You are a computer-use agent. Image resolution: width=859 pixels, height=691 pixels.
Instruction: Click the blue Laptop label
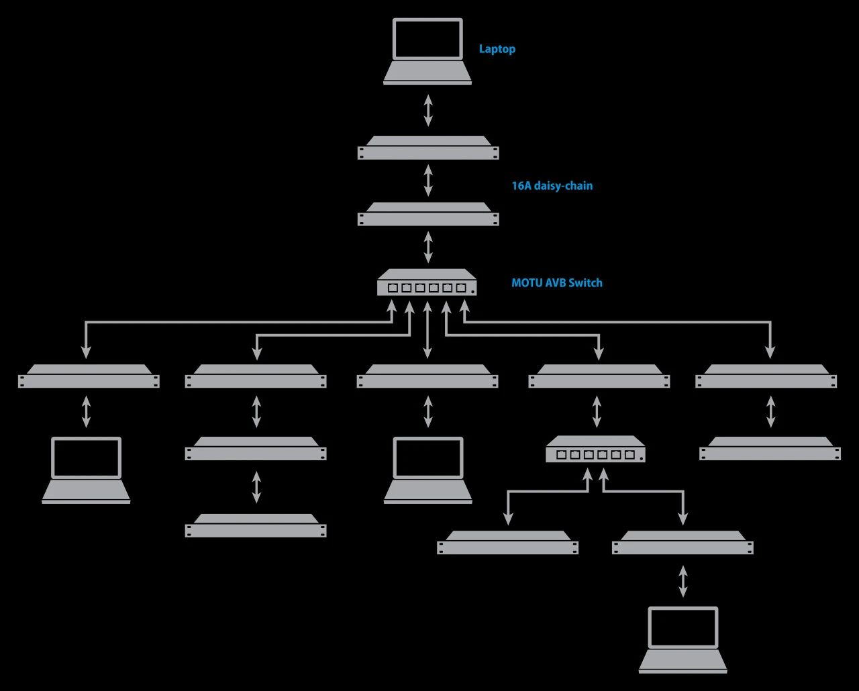click(x=497, y=49)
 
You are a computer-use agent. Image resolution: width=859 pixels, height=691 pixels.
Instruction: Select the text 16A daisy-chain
click(x=552, y=186)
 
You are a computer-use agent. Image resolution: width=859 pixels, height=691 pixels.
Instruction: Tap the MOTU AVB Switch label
click(x=556, y=283)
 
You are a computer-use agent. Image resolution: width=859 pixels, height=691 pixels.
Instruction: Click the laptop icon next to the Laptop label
click(x=427, y=52)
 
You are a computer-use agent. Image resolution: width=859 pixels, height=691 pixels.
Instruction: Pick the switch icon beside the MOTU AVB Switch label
click(x=427, y=283)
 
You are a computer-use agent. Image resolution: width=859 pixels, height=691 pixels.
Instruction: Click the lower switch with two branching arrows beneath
click(x=595, y=450)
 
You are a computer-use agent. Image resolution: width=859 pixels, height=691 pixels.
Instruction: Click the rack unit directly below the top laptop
click(x=428, y=148)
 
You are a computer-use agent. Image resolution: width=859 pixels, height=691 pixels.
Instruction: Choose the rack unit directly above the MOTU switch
click(x=428, y=215)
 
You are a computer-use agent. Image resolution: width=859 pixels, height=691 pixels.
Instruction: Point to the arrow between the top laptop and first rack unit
click(x=428, y=111)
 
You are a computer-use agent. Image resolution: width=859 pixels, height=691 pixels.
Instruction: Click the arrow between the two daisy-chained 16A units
click(x=428, y=181)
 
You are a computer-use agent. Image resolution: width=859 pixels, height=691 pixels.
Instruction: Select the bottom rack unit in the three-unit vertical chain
click(x=256, y=526)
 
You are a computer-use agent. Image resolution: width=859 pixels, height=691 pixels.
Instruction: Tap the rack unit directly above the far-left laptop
click(x=89, y=377)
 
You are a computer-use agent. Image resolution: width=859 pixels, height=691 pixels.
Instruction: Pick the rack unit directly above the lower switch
click(x=599, y=377)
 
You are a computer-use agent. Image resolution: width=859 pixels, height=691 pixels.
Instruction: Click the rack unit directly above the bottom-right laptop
click(x=683, y=543)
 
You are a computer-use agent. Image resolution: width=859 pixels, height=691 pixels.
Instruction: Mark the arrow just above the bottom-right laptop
click(x=683, y=581)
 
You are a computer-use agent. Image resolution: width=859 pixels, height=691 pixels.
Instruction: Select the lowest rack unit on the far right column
click(x=770, y=449)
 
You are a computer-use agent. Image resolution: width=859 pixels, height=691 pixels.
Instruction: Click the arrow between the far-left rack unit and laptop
click(x=86, y=412)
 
